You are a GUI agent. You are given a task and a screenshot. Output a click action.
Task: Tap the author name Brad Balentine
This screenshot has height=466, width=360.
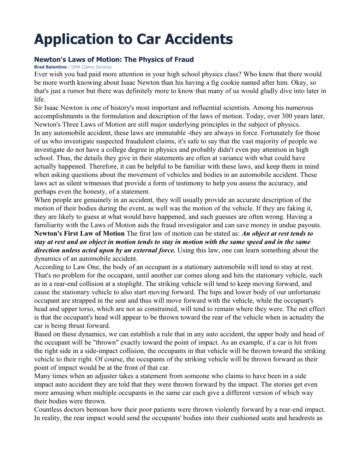tap(50, 67)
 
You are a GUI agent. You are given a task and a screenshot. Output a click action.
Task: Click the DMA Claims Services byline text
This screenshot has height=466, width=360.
tap(91, 67)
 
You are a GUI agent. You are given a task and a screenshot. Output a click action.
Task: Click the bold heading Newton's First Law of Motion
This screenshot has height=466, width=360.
tap(79, 234)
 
